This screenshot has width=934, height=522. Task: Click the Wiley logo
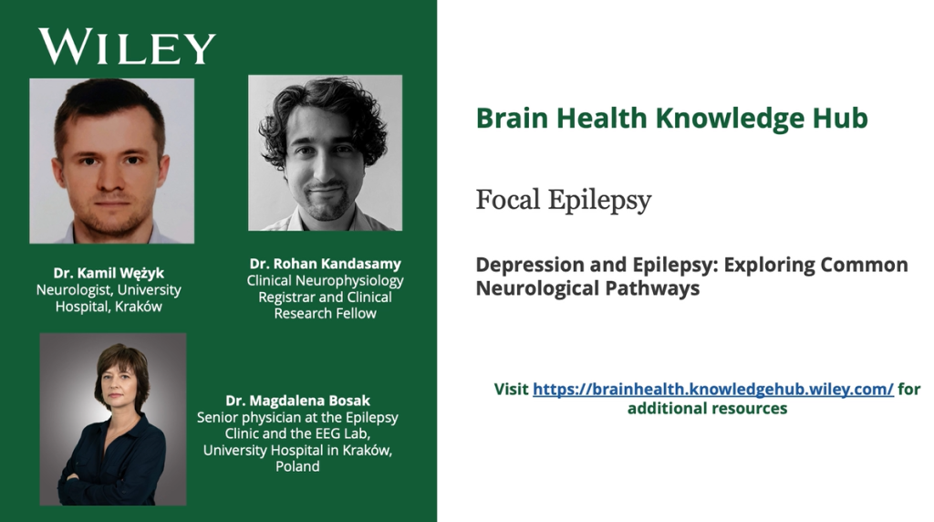128,47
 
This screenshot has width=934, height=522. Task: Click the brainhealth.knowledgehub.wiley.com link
713,389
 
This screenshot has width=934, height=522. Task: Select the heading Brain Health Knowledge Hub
672,118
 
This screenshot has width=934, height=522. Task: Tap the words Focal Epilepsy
564,200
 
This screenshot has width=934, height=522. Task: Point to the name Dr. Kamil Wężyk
109,274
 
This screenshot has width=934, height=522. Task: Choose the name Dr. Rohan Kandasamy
326,264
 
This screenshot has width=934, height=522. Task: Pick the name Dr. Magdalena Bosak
298,401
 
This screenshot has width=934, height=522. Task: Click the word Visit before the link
511,389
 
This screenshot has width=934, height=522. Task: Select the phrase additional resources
707,409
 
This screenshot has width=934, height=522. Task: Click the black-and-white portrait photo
326,152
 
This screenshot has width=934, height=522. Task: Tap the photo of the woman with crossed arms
113,419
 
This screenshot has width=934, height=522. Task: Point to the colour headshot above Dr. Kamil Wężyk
112,161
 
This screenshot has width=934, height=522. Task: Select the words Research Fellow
326,313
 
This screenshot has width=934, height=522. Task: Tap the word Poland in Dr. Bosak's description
297,466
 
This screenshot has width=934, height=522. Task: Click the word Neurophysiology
349,281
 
